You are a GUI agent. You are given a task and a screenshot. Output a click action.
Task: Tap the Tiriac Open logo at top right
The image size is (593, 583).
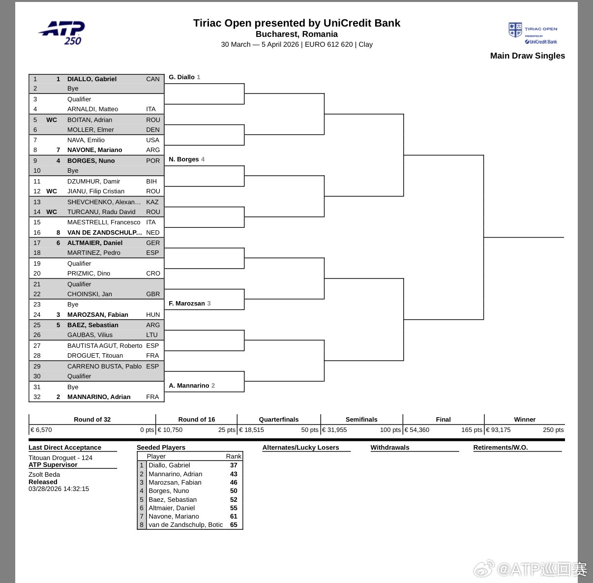(x=533, y=33)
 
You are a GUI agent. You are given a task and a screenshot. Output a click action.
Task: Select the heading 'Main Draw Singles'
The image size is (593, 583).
(x=527, y=56)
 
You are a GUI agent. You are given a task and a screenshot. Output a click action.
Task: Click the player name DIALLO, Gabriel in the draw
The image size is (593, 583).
(x=92, y=79)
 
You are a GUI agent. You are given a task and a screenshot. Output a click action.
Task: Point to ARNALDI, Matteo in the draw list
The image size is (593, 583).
(x=92, y=109)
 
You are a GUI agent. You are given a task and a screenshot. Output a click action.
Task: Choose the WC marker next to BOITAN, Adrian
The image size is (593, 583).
(x=52, y=120)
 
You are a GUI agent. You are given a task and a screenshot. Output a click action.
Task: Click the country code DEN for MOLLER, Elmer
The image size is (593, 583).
(x=153, y=130)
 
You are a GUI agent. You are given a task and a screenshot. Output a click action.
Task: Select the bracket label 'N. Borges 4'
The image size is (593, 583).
(x=186, y=159)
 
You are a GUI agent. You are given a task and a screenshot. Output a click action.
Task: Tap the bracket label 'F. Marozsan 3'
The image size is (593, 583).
(x=189, y=304)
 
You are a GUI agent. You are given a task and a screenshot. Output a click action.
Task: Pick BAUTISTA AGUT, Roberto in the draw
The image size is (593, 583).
(x=105, y=345)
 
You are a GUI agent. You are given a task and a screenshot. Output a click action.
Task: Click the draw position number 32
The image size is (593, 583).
(x=37, y=397)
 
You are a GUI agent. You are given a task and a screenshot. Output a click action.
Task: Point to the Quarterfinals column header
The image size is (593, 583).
(x=279, y=420)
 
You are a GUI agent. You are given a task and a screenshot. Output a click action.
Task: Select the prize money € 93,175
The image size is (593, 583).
(x=499, y=430)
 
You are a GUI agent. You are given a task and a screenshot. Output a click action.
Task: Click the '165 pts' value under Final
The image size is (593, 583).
(x=472, y=430)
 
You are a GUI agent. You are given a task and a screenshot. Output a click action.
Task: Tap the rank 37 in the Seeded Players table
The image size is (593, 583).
(x=234, y=465)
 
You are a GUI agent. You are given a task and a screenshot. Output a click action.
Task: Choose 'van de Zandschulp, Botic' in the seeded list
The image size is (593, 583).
(x=186, y=524)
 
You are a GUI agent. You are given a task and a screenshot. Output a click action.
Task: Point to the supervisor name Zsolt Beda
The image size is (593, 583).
(x=44, y=475)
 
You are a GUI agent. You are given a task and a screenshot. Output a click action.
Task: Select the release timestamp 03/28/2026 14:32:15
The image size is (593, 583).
(x=59, y=489)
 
